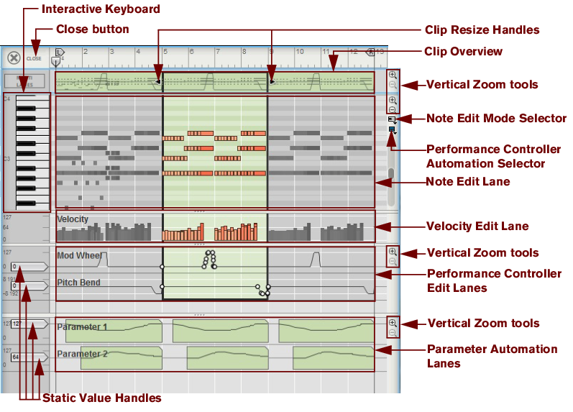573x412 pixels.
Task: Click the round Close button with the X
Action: point(14,58)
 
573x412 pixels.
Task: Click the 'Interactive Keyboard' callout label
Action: point(101,9)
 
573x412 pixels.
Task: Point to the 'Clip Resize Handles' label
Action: point(482,29)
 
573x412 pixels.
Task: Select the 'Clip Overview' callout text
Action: point(463,52)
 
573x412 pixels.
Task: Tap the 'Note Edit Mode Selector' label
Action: point(496,119)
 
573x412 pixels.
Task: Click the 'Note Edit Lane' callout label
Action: point(468,182)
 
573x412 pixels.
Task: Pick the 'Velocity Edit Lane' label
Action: point(477,226)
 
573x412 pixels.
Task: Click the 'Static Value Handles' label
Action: point(101,398)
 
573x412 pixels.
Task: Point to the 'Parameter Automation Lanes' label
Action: point(492,356)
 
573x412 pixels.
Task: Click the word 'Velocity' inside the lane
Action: point(73,219)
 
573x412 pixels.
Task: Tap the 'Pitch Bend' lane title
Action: point(78,283)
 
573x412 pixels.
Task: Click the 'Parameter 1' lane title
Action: point(81,327)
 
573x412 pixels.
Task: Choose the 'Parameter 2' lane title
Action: point(81,354)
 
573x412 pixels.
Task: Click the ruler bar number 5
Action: point(165,52)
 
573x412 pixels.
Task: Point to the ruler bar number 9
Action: point(272,52)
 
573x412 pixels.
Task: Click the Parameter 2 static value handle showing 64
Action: point(16,357)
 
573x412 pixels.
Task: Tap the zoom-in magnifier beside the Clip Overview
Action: point(392,74)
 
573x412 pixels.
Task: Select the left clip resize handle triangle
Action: point(158,82)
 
